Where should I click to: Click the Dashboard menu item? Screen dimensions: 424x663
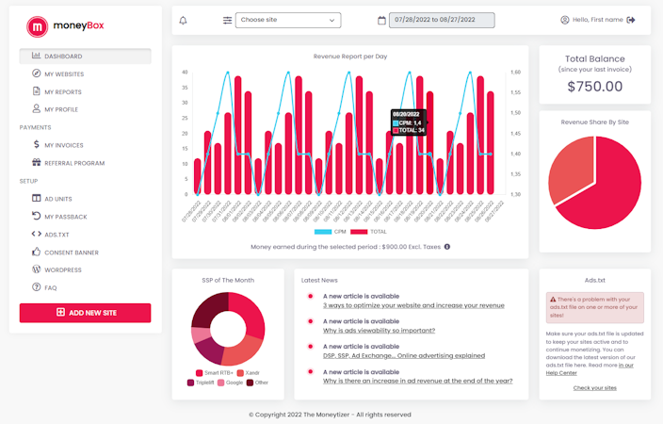pyautogui.click(x=63, y=57)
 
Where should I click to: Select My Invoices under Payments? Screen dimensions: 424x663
pyautogui.click(x=64, y=145)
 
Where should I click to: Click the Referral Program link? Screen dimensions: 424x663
pyautogui.click(x=74, y=163)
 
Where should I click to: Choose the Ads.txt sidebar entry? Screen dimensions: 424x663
pyautogui.click(x=57, y=235)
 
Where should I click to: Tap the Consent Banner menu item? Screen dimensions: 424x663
pyautogui.click(x=72, y=253)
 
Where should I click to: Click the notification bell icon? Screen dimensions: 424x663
pyautogui.click(x=183, y=20)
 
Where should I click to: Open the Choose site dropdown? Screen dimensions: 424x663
pyautogui.click(x=288, y=20)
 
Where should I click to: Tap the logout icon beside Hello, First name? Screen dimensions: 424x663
pyautogui.click(x=631, y=20)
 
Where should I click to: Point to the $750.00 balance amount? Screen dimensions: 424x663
pyautogui.click(x=594, y=87)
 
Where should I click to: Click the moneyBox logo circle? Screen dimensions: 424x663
pyautogui.click(x=38, y=25)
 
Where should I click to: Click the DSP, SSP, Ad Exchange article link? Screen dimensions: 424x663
pyautogui.click(x=403, y=356)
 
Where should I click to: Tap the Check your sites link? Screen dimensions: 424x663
pyautogui.click(x=594, y=388)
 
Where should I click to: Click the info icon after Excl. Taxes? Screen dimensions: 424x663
pyautogui.click(x=446, y=247)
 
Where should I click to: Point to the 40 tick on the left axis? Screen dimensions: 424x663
pyautogui.click(x=186, y=72)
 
